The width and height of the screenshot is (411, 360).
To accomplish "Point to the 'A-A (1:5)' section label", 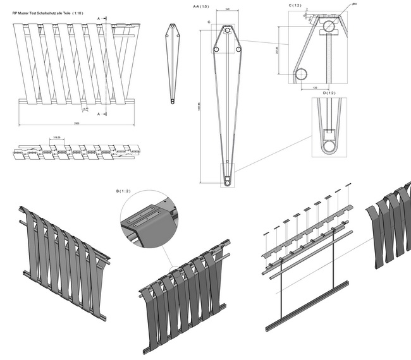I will tap(202, 6).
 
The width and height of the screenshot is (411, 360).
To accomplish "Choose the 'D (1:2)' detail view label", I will tap(329, 93).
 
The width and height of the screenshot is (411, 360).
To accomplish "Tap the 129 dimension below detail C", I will tap(315, 87).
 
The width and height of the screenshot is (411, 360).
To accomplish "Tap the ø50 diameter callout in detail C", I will tap(354, 4).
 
